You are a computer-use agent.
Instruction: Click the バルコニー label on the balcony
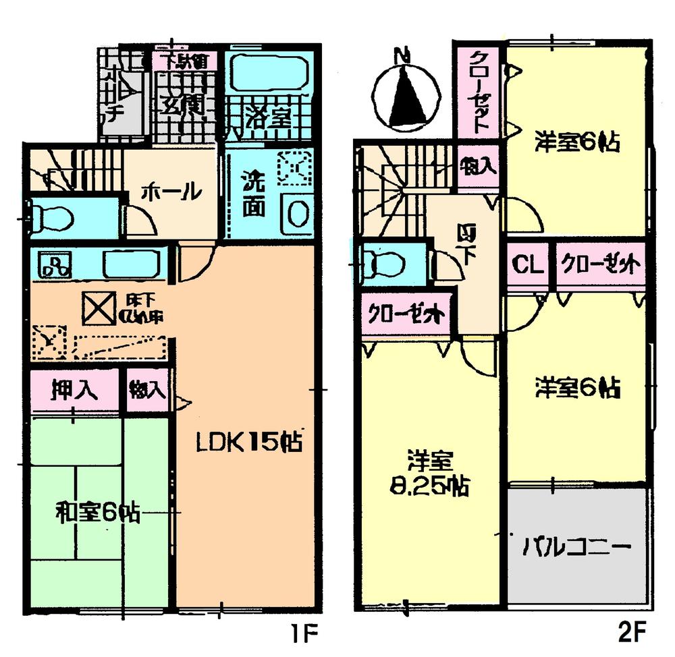577,545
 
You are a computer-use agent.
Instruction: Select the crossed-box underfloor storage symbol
99,309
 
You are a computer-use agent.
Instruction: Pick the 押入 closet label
74,389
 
